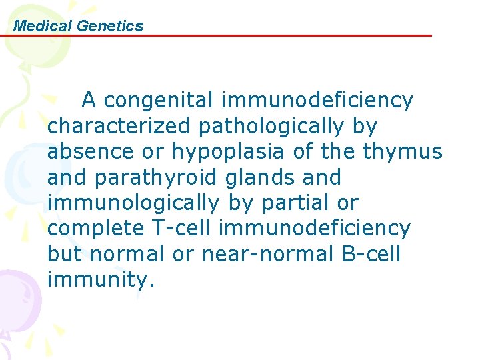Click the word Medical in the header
pyautogui.click(x=43, y=26)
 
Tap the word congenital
pyautogui.click(x=159, y=101)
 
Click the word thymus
pyautogui.click(x=403, y=153)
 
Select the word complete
pyautogui.click(x=95, y=229)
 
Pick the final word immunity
pyautogui.click(x=101, y=280)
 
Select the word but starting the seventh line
pyautogui.click(x=65, y=253)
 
